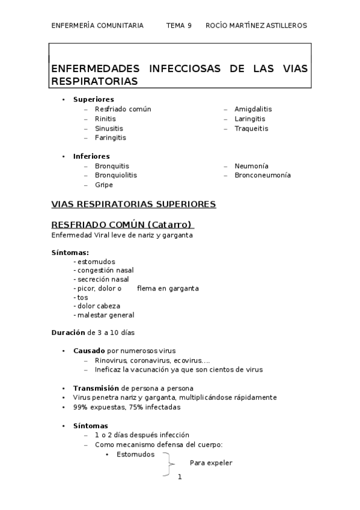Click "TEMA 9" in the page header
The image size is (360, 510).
coord(178,25)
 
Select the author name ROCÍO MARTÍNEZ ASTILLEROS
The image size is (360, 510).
coord(256,25)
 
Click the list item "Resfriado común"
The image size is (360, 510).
coord(123,109)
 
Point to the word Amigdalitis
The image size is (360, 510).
coord(253,109)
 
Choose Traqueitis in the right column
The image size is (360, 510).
coord(251,128)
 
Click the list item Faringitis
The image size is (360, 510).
coord(110,138)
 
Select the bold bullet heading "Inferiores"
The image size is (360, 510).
coord(91,156)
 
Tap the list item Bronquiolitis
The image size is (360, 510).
coord(115,175)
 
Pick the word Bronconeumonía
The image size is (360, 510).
coord(263,175)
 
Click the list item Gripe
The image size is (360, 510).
coord(103,185)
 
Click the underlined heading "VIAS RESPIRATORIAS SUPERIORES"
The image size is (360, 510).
coord(134,204)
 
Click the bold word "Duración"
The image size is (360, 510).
coord(69,333)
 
